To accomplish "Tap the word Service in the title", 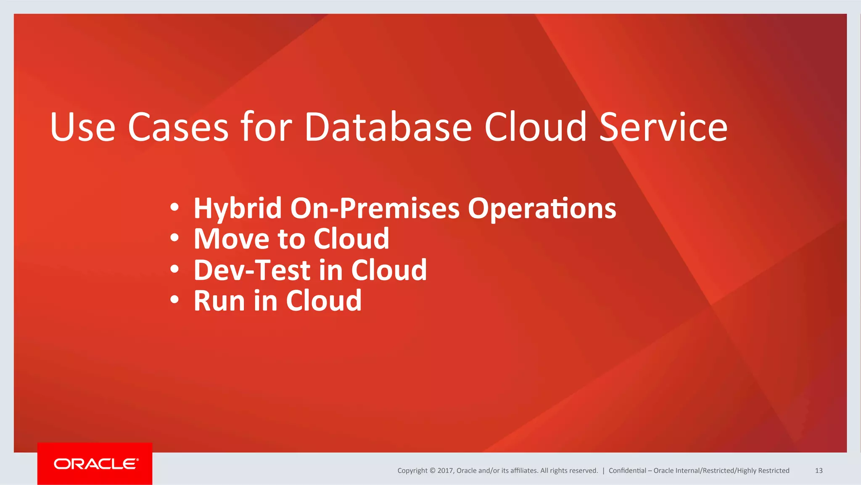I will (663, 127).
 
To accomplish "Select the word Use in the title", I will (82, 127).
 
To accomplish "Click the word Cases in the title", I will (178, 127).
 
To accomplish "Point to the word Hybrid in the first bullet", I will (238, 209).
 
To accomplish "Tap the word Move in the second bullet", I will (231, 239).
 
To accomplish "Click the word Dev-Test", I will (252, 270).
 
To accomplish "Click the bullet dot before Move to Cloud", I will (174, 238).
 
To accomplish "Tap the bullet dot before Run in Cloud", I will (174, 300).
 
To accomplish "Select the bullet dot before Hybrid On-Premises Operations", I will (174, 207).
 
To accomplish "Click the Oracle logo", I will (95, 464).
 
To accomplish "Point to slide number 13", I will (819, 471).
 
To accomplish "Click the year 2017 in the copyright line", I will (445, 471).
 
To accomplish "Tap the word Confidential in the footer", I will (627, 471).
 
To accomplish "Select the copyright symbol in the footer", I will (432, 471).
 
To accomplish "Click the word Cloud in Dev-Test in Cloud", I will (388, 270).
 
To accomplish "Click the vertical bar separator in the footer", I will (603, 471).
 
